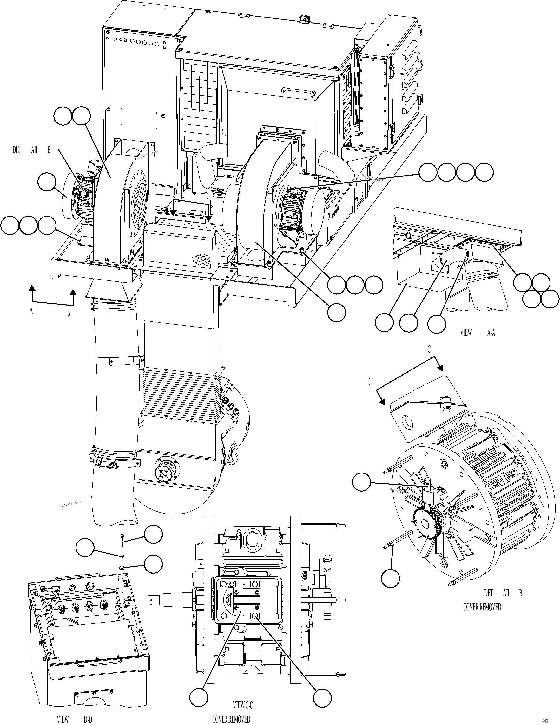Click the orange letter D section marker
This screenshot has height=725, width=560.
coord(207,196)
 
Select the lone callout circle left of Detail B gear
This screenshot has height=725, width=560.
coord(361,482)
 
